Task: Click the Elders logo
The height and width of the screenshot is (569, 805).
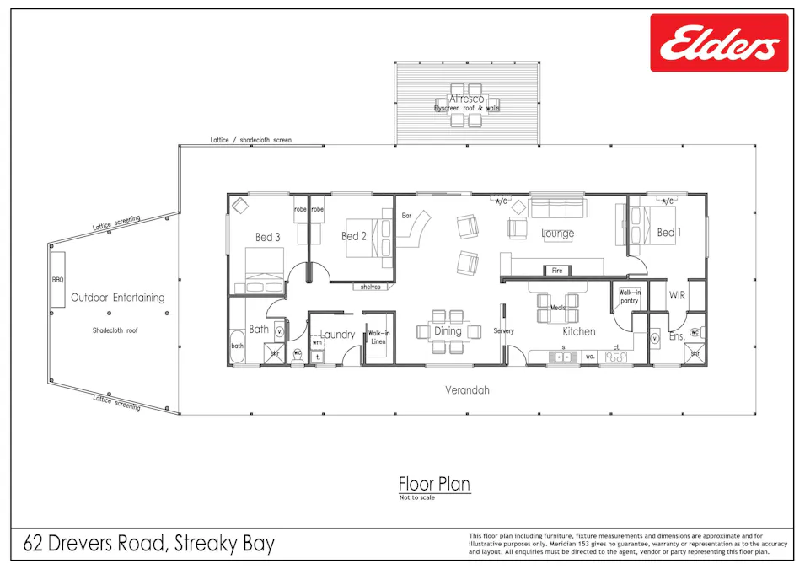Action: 718,43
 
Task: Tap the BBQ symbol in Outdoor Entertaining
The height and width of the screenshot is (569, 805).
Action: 58,279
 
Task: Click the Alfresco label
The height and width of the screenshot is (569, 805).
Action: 466,99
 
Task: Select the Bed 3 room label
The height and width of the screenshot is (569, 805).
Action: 269,237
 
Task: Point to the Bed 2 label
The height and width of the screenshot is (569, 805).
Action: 354,237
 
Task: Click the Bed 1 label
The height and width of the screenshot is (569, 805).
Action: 666,232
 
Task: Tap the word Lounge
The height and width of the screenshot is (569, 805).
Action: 558,234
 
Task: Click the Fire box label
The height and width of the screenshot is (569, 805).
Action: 557,271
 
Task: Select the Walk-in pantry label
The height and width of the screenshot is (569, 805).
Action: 630,296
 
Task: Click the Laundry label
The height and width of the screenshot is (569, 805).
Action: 338,335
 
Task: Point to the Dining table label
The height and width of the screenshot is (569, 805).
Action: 448,331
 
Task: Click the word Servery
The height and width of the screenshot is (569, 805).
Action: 504,331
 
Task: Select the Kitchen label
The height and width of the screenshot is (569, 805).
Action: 579,331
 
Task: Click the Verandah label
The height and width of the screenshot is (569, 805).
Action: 467,390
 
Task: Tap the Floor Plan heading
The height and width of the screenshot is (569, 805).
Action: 434,484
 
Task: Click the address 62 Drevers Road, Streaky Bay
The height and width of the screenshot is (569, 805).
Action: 149,544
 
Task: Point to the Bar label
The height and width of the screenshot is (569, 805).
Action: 406,215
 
